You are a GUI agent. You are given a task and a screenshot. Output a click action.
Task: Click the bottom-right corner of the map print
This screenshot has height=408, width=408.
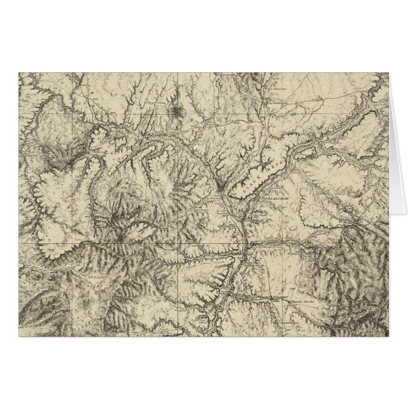(388, 335)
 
